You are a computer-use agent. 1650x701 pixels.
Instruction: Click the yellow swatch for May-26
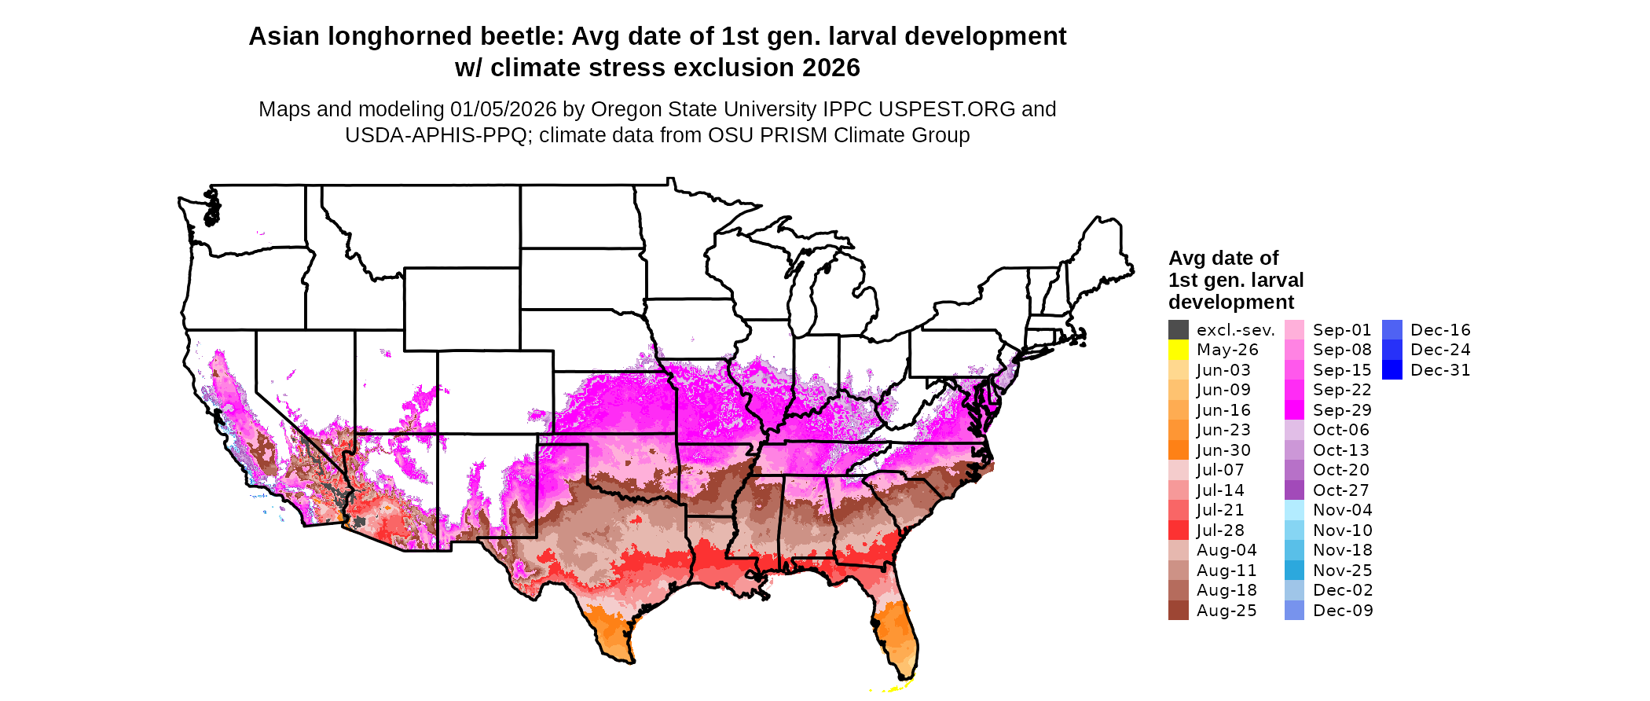coord(1178,350)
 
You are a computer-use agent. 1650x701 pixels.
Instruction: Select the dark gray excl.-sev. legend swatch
coord(1178,330)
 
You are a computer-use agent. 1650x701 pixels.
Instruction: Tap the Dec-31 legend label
coord(1440,370)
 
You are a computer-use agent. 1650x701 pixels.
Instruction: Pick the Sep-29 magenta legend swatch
coord(1294,410)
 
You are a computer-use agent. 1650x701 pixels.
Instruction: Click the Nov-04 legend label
coord(1342,510)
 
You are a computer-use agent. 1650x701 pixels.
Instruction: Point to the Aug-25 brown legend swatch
coord(1178,611)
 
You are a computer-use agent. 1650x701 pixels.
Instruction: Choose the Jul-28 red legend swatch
coord(1178,530)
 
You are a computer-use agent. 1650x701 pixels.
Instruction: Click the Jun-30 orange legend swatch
coord(1178,450)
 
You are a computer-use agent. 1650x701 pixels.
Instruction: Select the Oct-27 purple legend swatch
coord(1294,490)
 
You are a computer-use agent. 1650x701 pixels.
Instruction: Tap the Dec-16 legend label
coord(1440,330)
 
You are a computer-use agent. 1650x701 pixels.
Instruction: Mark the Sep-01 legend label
coord(1342,330)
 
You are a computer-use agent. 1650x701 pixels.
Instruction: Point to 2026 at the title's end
coord(830,68)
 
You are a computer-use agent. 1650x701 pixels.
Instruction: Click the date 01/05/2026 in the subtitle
coord(503,109)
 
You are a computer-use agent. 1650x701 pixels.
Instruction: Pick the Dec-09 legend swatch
coord(1294,611)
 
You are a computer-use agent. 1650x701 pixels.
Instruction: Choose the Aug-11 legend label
coord(1226,571)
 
